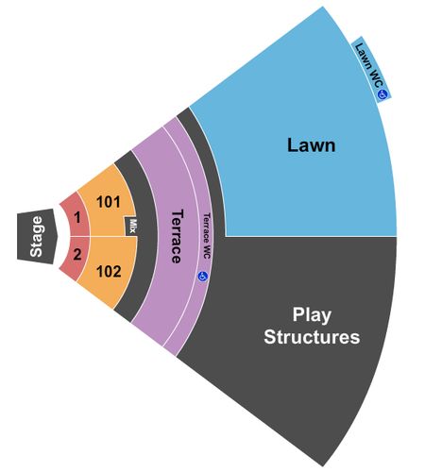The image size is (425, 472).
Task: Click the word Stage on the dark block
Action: click(36, 236)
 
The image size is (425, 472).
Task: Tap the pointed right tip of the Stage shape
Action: click(58, 236)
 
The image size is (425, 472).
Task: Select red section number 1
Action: click(77, 217)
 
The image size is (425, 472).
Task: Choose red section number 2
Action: click(77, 254)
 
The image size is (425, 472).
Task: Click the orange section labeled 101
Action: click(109, 202)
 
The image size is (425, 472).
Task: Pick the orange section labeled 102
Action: click(109, 271)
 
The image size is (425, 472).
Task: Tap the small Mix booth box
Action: click(131, 226)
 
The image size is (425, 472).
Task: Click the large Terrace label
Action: click(177, 236)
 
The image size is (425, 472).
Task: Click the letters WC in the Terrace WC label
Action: click(206, 252)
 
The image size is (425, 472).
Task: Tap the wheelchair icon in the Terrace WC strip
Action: click(203, 277)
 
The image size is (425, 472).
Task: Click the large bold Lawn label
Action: click(311, 145)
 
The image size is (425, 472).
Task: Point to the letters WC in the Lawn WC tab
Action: click(377, 78)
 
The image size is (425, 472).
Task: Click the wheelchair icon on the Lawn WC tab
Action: click(382, 94)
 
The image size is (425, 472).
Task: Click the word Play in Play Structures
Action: click(312, 314)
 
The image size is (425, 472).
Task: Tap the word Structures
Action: click(312, 337)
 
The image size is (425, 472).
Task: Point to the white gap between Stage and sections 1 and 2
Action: click(64, 236)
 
